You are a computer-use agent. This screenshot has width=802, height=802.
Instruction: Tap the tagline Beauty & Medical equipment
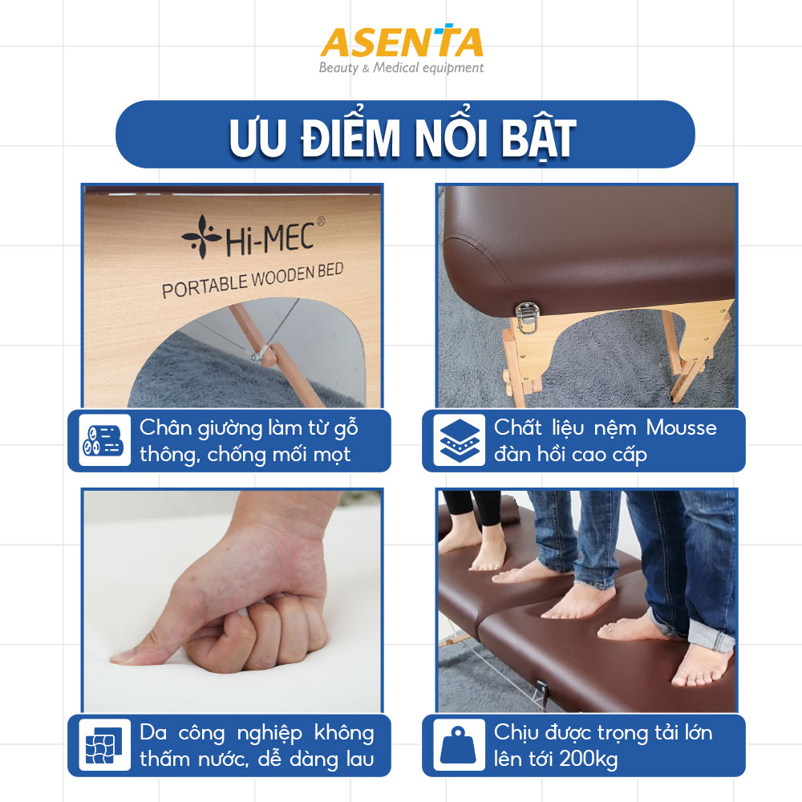tap(401, 68)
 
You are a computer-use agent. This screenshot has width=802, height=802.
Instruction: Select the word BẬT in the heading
tap(538, 139)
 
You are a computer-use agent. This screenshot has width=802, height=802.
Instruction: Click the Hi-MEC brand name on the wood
tap(269, 240)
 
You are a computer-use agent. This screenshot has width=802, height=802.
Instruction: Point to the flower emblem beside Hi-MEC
tap(201, 236)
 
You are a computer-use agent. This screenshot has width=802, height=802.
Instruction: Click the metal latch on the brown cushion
tap(527, 318)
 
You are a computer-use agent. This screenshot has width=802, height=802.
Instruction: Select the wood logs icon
tap(104, 440)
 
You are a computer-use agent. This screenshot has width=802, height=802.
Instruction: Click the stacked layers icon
tap(460, 440)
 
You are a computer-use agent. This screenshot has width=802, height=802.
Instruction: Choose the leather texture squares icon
tap(104, 745)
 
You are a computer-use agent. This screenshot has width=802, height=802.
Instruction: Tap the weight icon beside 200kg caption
tap(458, 745)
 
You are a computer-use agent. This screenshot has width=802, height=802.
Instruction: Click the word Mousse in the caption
tap(681, 427)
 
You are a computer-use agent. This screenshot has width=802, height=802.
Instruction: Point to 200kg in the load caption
tap(588, 759)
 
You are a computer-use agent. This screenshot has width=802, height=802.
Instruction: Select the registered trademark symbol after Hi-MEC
tap(321, 221)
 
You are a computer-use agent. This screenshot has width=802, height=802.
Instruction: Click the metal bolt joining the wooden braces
tap(257, 356)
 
